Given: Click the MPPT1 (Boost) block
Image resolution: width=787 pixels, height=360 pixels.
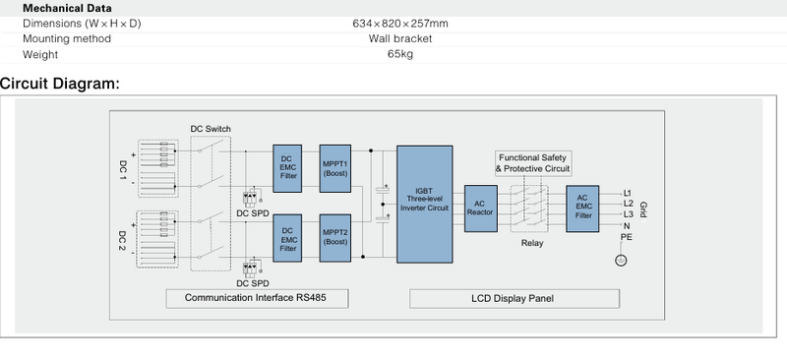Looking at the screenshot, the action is (334, 169).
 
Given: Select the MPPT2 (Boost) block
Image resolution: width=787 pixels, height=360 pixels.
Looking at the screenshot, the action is (334, 238).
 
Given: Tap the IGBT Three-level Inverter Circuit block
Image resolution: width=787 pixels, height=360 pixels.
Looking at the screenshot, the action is (425, 205).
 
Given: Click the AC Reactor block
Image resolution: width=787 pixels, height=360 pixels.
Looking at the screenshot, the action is (481, 209).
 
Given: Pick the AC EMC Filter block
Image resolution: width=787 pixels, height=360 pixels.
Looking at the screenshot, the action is (582, 209).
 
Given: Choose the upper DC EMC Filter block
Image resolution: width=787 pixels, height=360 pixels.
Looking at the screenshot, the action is (287, 169).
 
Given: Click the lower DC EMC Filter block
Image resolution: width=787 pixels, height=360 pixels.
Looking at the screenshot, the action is (287, 238).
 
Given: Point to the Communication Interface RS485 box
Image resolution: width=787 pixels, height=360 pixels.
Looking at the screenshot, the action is (257, 298).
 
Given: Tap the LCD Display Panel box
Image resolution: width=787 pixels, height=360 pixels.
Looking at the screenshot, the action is (515, 299).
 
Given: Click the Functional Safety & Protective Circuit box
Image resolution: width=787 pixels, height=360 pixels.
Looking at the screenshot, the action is (533, 163).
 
